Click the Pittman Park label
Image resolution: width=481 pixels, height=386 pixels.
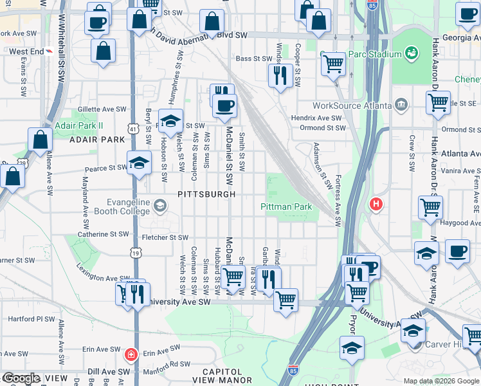point(286,207)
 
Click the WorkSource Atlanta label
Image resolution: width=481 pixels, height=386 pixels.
point(352,106)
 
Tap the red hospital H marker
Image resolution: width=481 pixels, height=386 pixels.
point(376,205)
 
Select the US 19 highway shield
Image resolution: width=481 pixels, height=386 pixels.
point(135,253)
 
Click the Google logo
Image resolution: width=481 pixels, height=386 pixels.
point(21,379)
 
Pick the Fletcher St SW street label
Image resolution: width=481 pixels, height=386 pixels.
point(165,237)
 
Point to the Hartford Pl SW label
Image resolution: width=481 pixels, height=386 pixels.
point(32,318)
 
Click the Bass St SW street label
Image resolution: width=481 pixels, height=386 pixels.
point(254,59)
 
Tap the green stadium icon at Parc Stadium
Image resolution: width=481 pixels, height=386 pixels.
point(412,53)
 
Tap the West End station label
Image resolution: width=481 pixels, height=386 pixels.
point(26,51)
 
